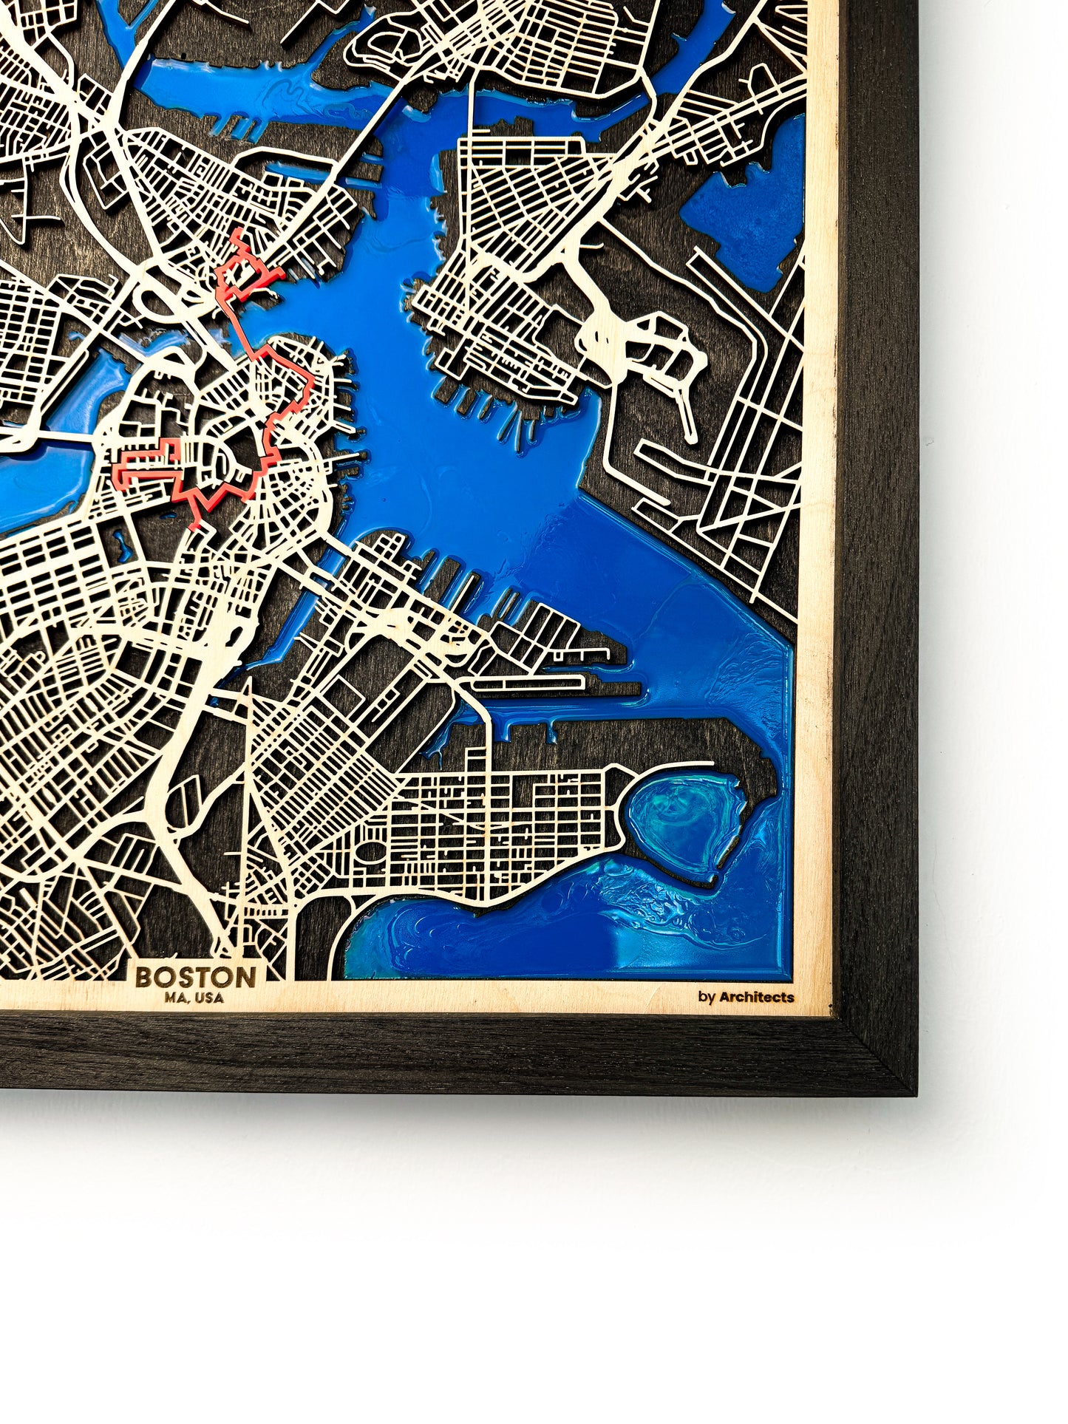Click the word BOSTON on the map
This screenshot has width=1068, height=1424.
point(196,977)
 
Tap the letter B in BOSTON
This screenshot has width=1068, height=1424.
point(143,977)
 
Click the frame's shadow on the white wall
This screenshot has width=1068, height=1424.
point(517,1108)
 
